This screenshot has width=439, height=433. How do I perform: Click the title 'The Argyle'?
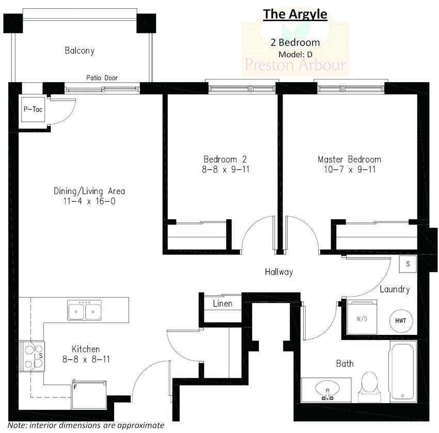295,14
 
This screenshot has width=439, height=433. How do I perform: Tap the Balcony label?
80,51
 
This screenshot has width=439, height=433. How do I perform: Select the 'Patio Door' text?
102,78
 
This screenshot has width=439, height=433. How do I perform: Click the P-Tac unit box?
33,110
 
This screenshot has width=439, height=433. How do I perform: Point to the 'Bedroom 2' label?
220,159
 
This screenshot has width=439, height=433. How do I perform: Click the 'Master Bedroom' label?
349,159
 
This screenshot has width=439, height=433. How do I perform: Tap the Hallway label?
279,272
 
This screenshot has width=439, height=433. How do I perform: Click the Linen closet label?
223,303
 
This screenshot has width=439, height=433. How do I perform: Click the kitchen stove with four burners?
32,355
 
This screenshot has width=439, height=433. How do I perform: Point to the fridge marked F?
89,395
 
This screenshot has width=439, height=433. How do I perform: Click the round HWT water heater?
401,320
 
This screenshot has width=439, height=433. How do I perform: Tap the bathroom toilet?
370,385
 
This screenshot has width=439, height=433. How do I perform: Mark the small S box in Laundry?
407,264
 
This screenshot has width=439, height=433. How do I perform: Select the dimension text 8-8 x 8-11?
86,359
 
